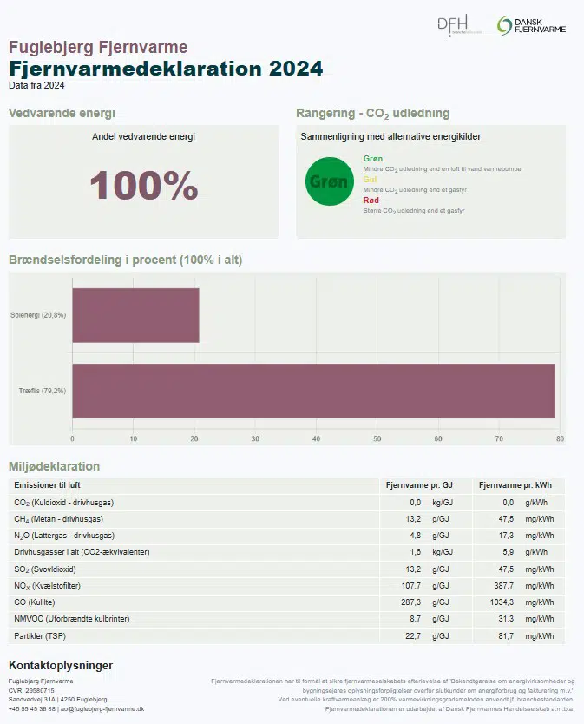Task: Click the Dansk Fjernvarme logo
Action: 531,26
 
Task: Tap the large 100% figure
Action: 144,186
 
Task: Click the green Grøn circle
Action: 330,182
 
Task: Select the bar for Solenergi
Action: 135,315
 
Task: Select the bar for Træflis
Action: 313,391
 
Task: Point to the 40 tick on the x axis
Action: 316,438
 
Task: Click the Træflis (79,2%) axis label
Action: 42,391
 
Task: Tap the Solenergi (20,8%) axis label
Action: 38,314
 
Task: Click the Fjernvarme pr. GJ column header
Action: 418,485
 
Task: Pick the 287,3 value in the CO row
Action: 409,602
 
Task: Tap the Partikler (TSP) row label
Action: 47,635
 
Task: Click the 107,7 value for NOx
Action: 410,585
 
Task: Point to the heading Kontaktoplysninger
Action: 61,666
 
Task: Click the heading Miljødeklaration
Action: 54,466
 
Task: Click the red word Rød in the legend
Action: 371,201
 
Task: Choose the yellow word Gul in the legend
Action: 370,179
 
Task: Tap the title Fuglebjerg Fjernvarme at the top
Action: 98,47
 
